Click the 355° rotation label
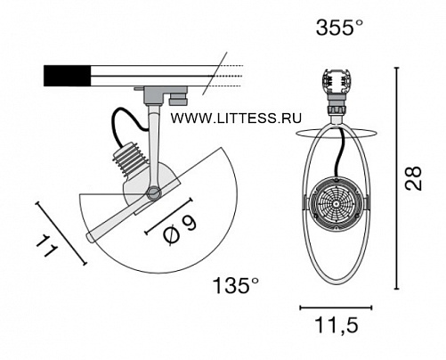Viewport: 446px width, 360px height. click(x=339, y=28)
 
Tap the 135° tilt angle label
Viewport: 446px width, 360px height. click(x=236, y=286)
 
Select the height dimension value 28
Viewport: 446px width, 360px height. click(x=413, y=178)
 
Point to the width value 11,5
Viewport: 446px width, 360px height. click(x=337, y=325)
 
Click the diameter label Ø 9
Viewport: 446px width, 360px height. click(x=180, y=230)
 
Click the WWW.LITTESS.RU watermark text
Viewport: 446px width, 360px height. click(x=236, y=119)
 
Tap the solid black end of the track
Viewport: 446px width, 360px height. click(x=68, y=76)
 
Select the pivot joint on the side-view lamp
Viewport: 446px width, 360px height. click(x=154, y=193)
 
